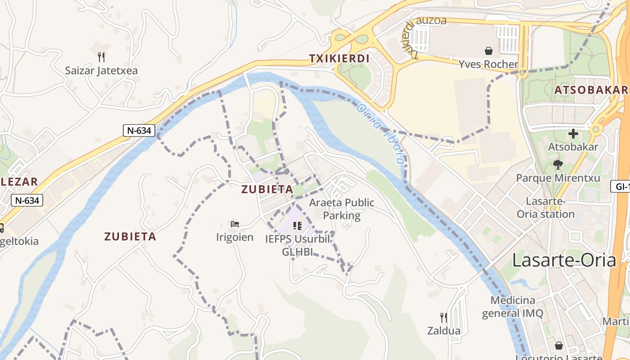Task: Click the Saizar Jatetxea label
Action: [101, 71]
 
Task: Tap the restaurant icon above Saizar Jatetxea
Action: [101, 57]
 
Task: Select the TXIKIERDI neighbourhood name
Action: [339, 58]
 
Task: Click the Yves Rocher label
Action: [488, 64]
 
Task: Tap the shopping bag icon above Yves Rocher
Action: [489, 51]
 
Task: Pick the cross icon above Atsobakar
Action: [573, 134]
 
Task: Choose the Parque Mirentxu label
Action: [558, 178]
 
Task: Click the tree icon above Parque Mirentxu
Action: [558, 164]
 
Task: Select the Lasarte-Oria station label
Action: [545, 207]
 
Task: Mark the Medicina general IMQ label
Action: [513, 306]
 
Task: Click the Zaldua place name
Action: [444, 331]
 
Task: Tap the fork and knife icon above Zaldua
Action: [444, 318]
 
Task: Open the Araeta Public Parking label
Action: [342, 209]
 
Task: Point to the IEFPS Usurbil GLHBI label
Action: [297, 245]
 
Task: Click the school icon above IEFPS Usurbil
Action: [297, 225]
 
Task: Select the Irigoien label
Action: [235, 237]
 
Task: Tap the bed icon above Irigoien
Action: [235, 224]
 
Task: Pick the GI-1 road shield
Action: [621, 186]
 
